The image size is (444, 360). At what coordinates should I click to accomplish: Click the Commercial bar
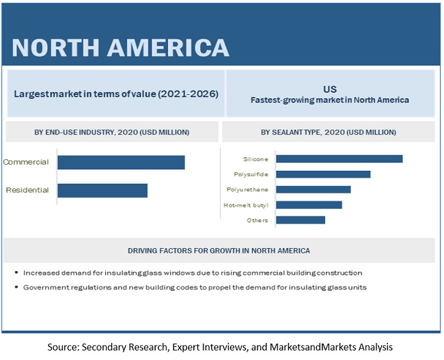click(121, 162)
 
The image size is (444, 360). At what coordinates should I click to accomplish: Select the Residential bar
click(102, 190)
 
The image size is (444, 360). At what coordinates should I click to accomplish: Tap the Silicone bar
click(339, 158)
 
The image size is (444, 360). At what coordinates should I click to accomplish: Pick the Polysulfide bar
click(322, 174)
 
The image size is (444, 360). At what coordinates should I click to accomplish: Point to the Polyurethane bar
click(313, 189)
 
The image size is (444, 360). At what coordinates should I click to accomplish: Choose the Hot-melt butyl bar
click(309, 204)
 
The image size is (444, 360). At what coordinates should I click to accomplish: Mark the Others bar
click(300, 220)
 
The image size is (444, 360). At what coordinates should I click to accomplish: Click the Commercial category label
click(26, 162)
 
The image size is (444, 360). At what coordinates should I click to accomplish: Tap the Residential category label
click(27, 190)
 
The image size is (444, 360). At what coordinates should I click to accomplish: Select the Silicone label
click(254, 159)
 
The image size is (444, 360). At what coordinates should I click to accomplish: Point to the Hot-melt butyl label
click(246, 205)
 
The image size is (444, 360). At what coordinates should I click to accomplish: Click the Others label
click(258, 220)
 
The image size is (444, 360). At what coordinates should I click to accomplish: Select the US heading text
click(331, 89)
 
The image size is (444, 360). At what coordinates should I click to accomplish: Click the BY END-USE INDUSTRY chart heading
click(112, 132)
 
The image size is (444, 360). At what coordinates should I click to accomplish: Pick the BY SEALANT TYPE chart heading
click(328, 132)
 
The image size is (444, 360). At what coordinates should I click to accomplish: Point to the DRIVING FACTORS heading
click(219, 250)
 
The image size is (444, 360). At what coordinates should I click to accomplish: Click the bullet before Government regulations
click(16, 288)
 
